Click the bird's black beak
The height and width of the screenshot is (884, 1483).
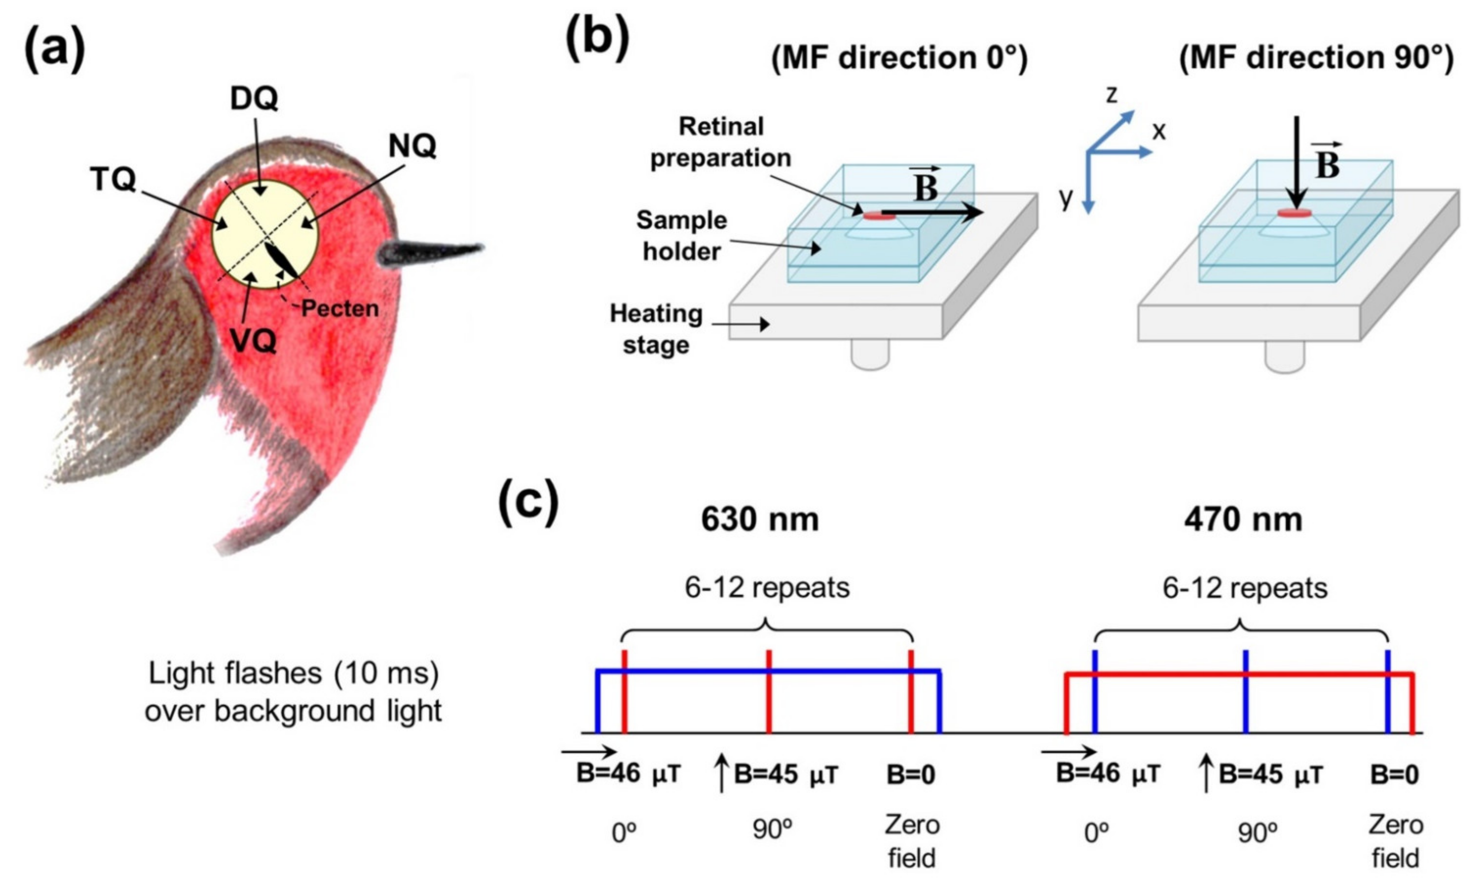pyautogui.click(x=429, y=254)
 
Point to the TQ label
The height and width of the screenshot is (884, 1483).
pyautogui.click(x=113, y=179)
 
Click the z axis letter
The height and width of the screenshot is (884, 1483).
pyautogui.click(x=1111, y=94)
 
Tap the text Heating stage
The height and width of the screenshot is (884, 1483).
pyautogui.click(x=656, y=329)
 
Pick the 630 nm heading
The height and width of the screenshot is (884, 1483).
pyautogui.click(x=760, y=520)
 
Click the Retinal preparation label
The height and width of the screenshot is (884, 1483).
pyautogui.click(x=720, y=142)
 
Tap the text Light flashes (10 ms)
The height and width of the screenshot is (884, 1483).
pyautogui.click(x=293, y=674)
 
